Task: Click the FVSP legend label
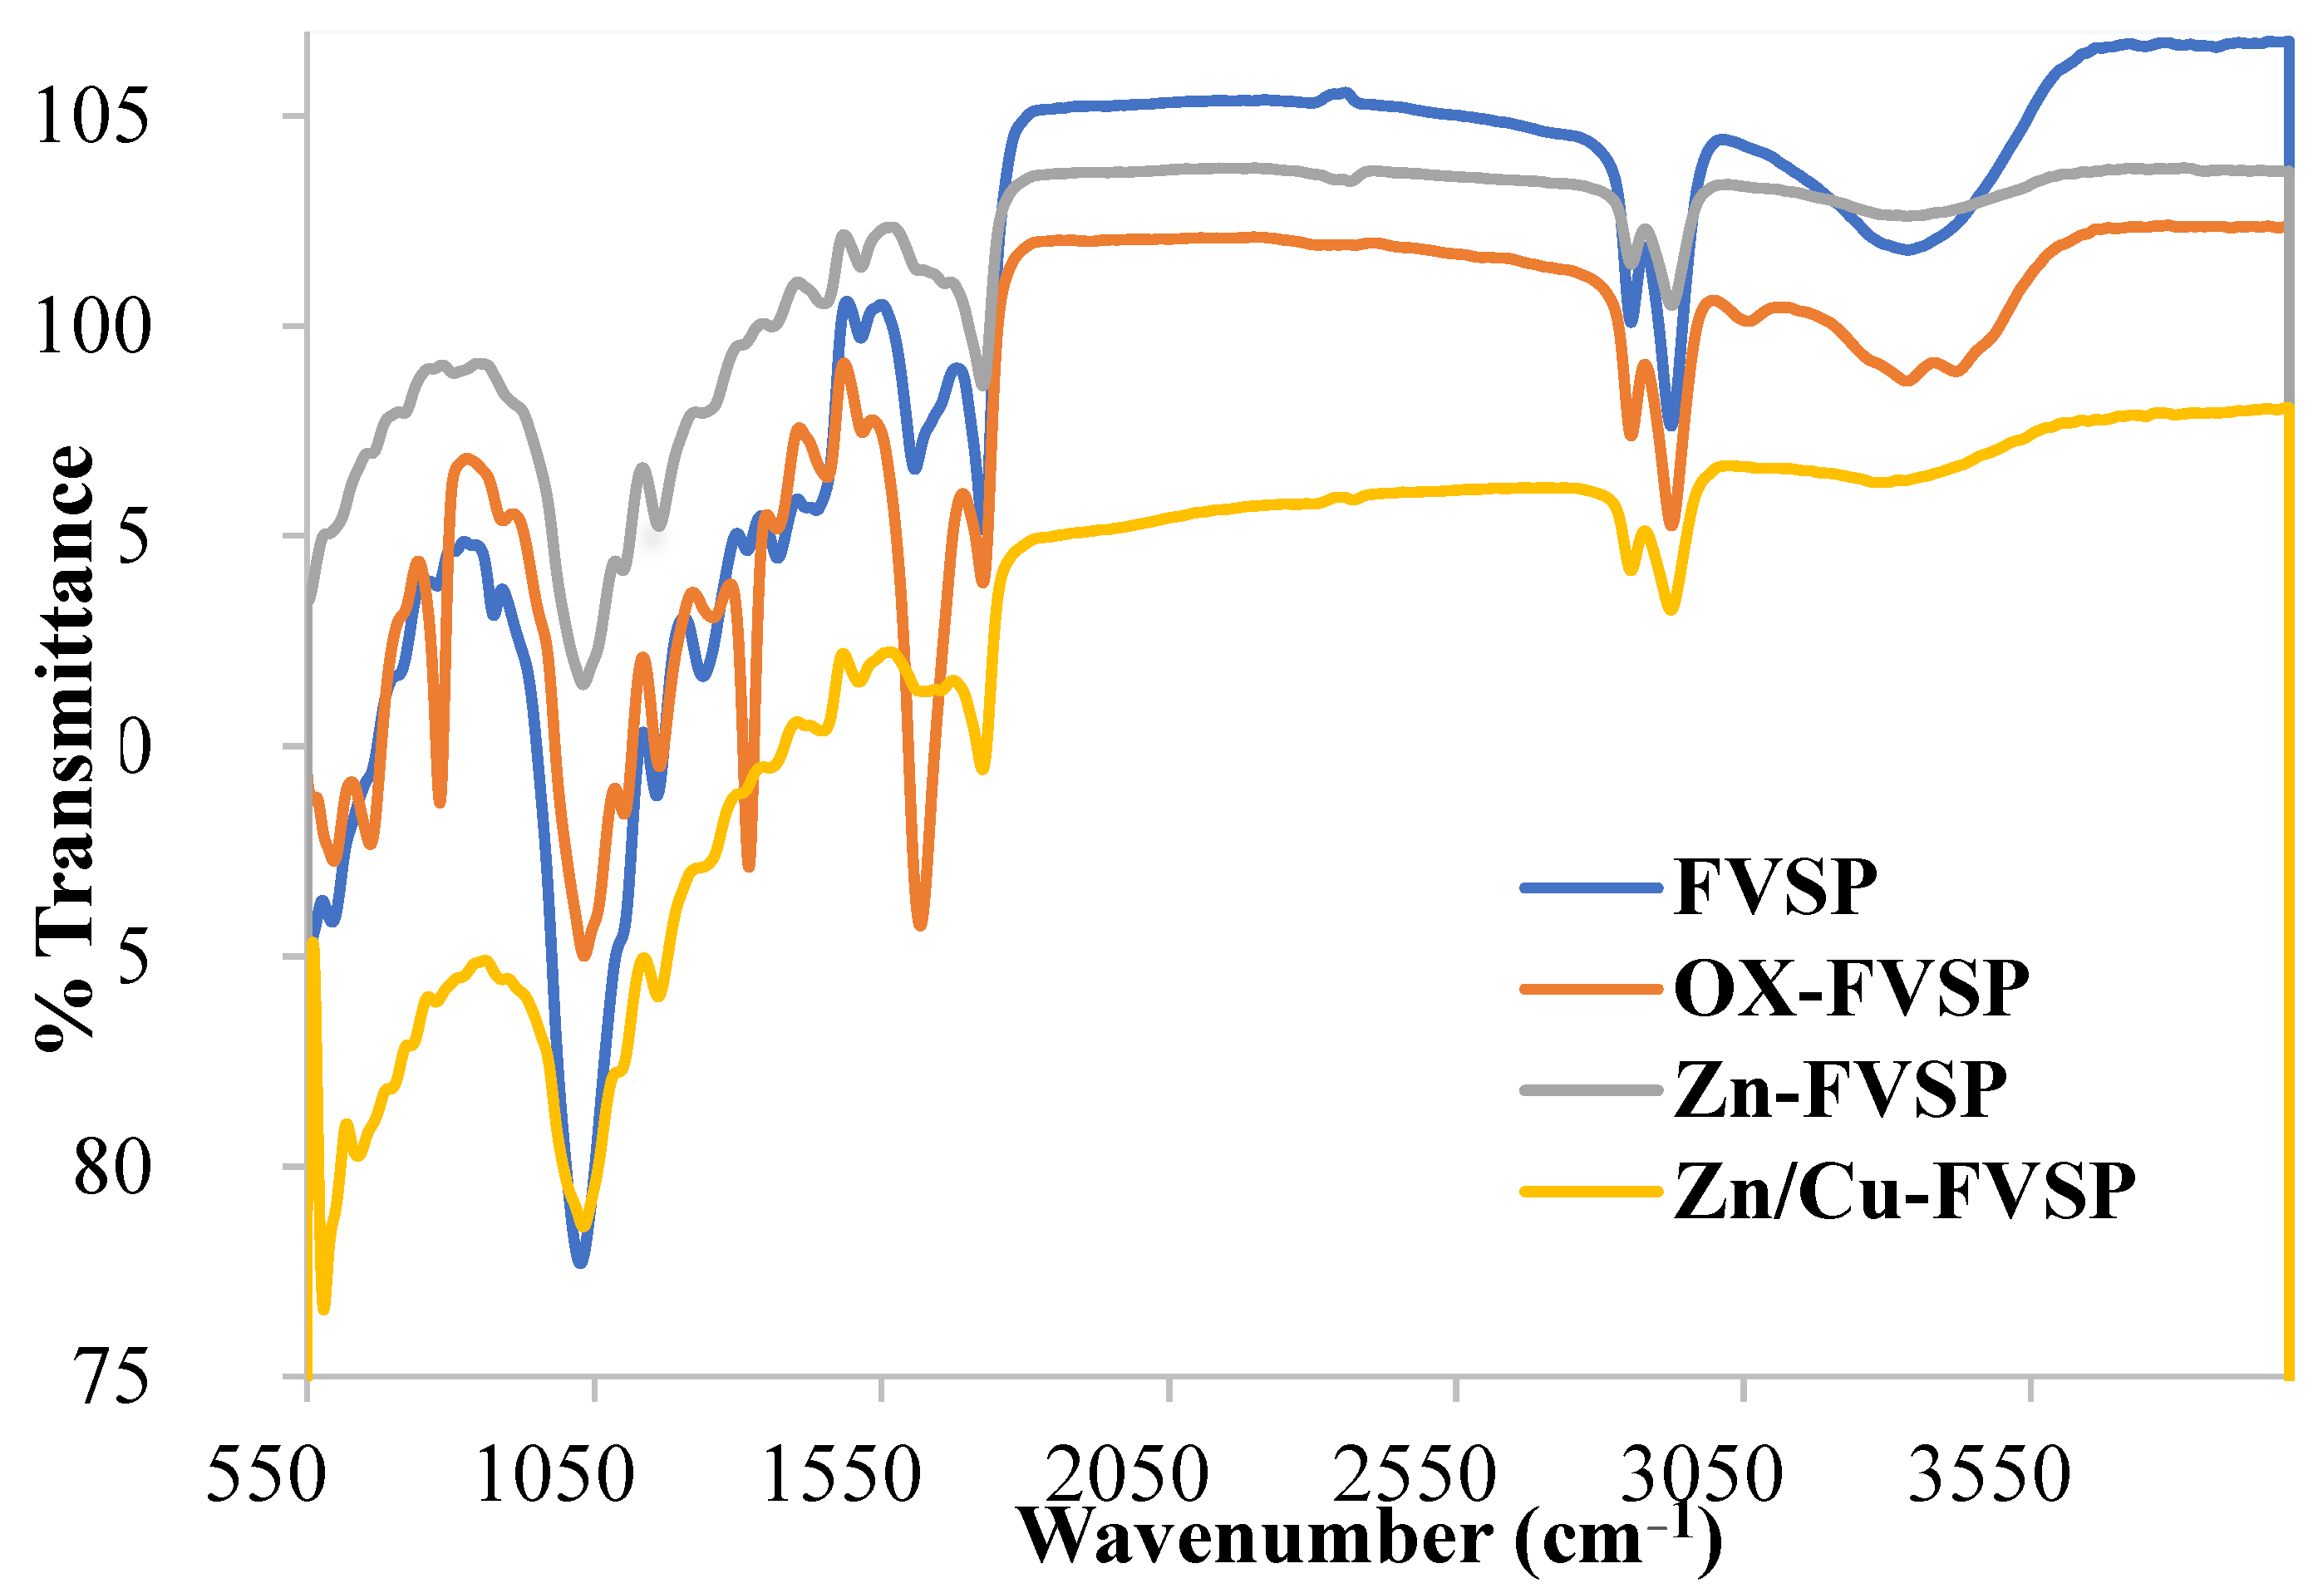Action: coord(1775,887)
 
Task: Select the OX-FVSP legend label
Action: coord(1851,989)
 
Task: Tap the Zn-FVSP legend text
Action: coord(1840,1090)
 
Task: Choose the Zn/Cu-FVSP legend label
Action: coord(1904,1192)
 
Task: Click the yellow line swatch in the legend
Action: coord(1590,1192)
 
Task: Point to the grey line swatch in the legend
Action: coord(1590,1090)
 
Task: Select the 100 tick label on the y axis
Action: coord(92,327)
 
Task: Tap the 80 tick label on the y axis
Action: coord(112,1167)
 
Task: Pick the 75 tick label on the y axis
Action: coord(112,1378)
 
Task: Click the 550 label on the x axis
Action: coord(265,1475)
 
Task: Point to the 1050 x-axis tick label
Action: coord(554,1475)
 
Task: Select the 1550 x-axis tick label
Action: coord(842,1475)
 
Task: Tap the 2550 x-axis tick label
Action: coord(1415,1475)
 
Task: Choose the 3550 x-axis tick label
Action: coord(1990,1475)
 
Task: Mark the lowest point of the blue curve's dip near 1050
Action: coord(581,1261)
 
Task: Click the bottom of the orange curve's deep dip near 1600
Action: coord(920,924)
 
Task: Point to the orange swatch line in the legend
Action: coord(1590,989)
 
